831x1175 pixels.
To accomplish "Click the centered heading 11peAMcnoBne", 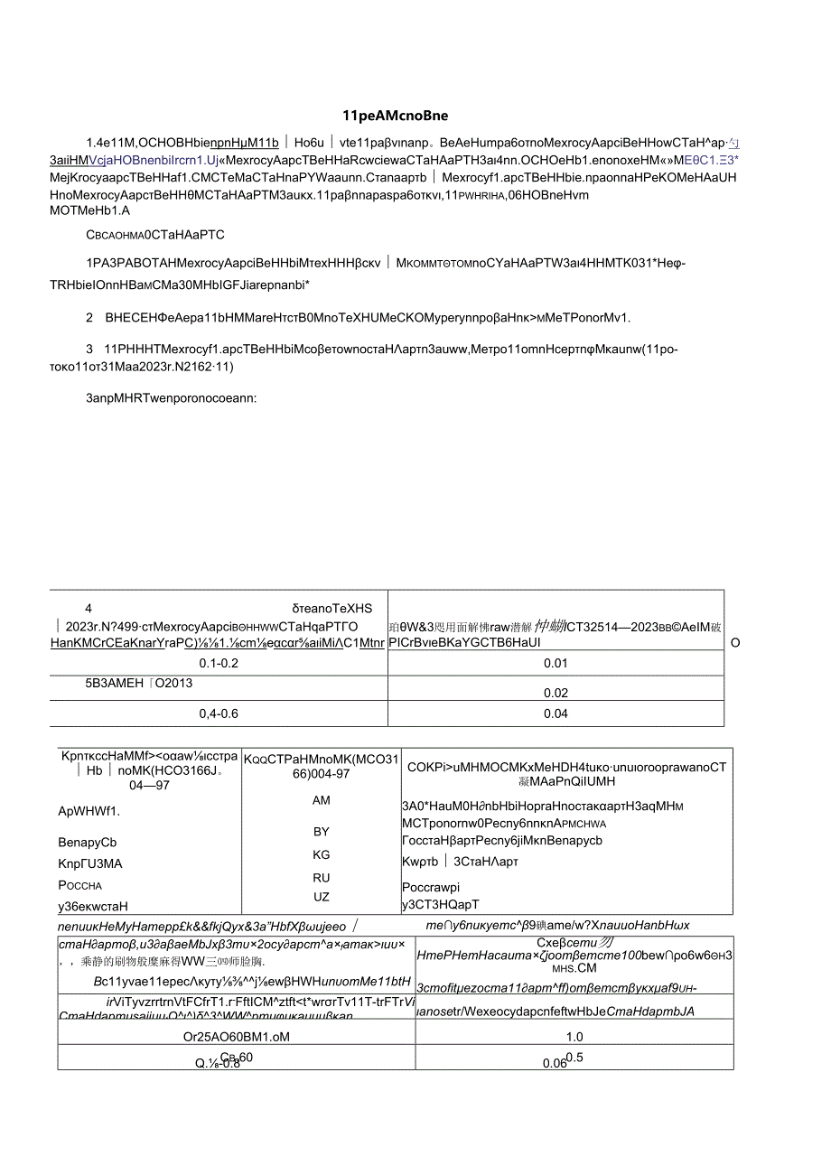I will click(x=396, y=115).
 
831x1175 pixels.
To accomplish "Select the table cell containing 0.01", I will click(x=556, y=663).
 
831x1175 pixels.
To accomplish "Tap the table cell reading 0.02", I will click(x=556, y=693).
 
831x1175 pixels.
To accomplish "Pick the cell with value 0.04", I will click(x=556, y=713).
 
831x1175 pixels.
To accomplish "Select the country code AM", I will click(x=322, y=800).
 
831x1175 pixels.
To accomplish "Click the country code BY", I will click(x=322, y=831).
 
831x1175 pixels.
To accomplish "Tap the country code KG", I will click(x=322, y=854).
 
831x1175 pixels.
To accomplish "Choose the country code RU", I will click(x=322, y=877).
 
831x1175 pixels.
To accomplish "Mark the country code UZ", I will click(x=322, y=897).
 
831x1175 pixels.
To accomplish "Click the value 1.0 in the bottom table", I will click(x=574, y=1037).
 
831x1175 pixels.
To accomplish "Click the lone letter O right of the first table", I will click(x=734, y=643).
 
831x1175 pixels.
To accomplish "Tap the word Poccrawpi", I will click(x=432, y=887).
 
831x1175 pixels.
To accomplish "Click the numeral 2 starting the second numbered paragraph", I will click(x=89, y=317).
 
